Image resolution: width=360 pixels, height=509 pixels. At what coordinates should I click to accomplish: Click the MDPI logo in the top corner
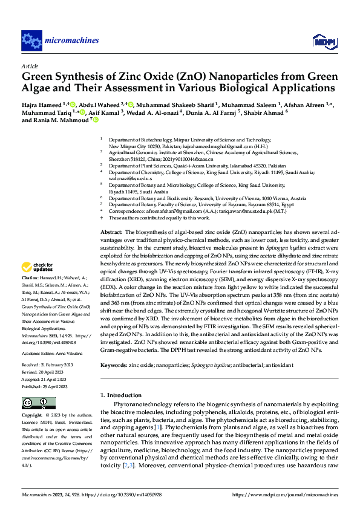tap(321, 41)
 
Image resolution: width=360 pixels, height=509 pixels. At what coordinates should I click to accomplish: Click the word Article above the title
tap(30, 65)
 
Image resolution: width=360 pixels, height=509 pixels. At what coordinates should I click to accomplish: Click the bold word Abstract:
tap(111, 233)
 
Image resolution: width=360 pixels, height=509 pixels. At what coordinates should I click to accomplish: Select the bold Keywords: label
tap(113, 365)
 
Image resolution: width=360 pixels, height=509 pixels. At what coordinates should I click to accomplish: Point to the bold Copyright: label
tap(33, 417)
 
